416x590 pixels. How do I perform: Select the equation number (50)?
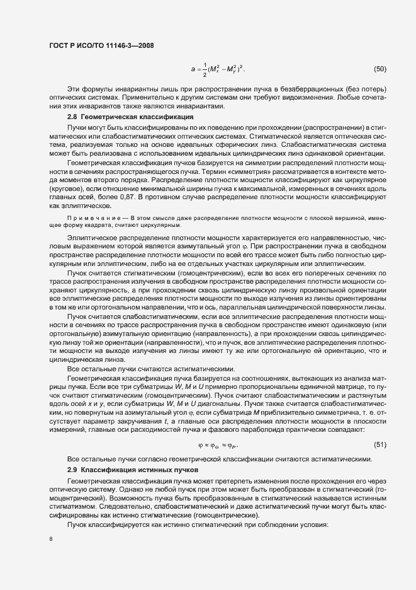pyautogui.click(x=380, y=68)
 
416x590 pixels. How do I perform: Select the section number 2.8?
pyautogui.click(x=71, y=117)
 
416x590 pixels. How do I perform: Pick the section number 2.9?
pyautogui.click(x=71, y=470)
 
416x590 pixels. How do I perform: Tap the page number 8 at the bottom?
pyautogui.click(x=50, y=540)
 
